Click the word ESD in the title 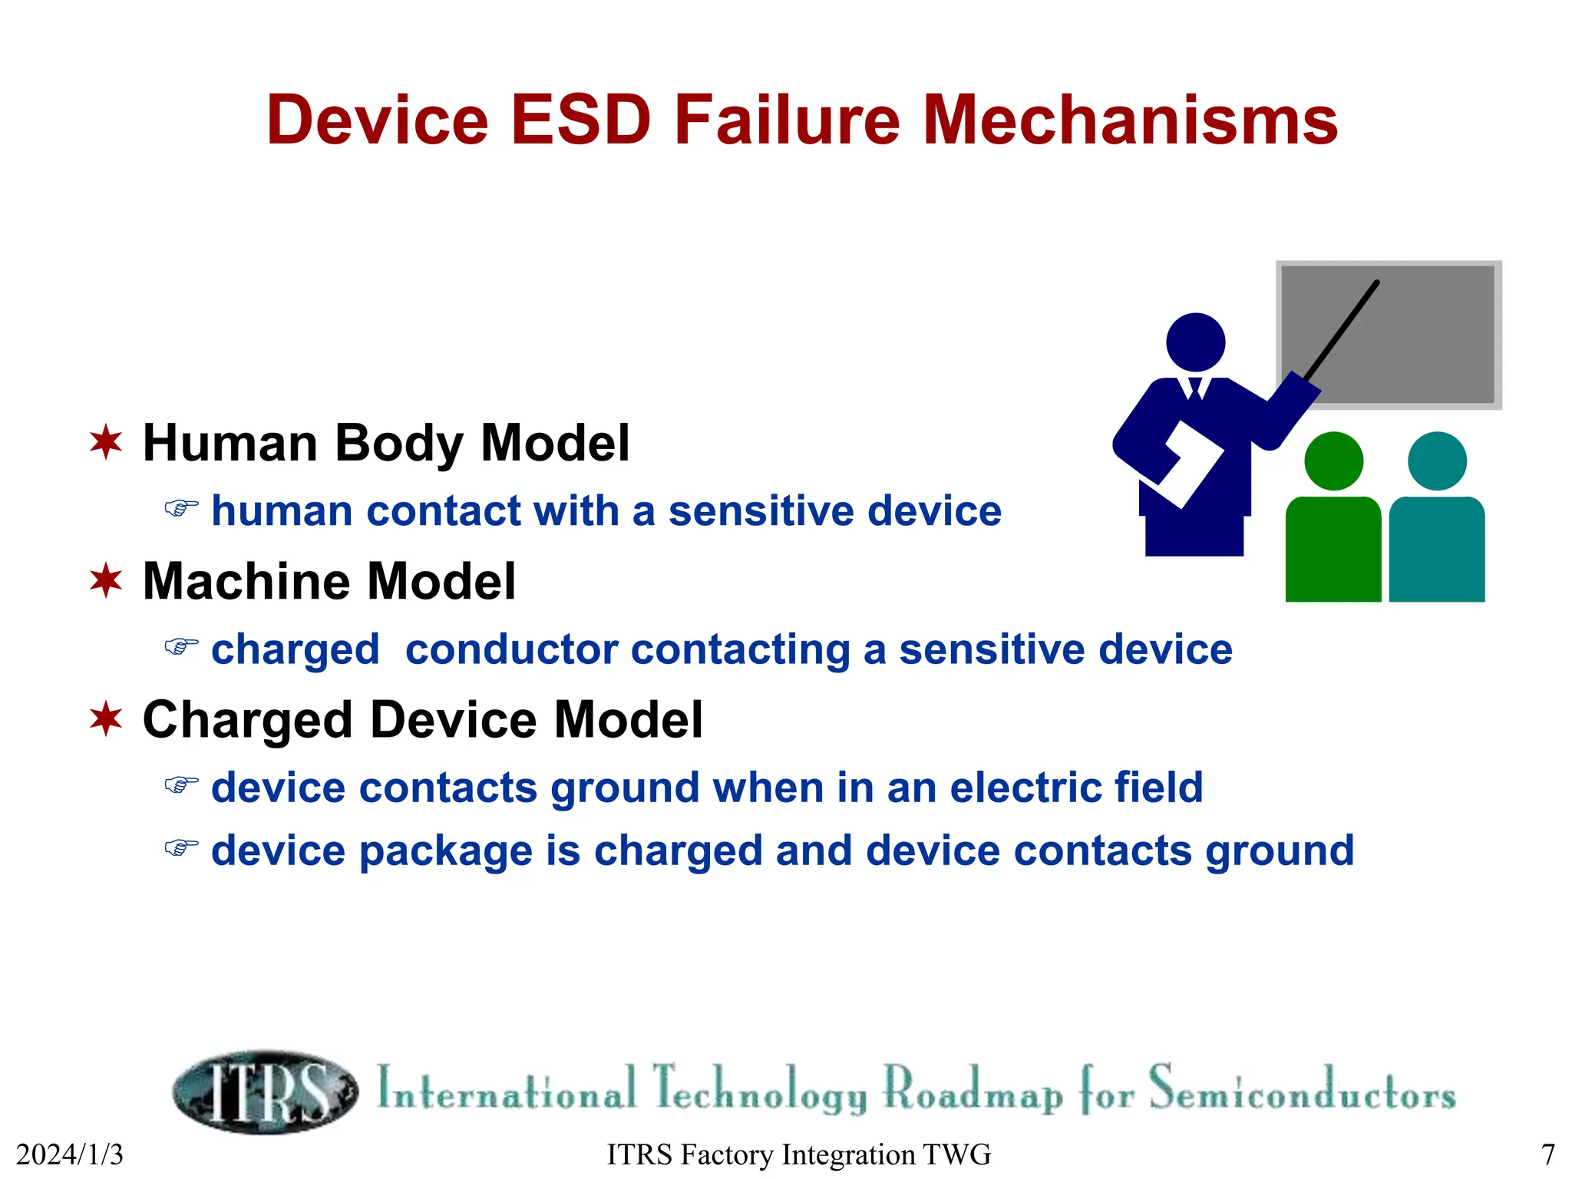point(581,121)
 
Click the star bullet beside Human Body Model point(106,442)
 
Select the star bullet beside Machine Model point(106,580)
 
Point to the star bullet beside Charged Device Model point(106,719)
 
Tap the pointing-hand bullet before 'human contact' point(181,508)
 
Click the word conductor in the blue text point(511,649)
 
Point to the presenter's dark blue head point(1195,342)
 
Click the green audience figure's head point(1333,461)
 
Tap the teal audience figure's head point(1437,461)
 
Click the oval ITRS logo point(265,1091)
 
